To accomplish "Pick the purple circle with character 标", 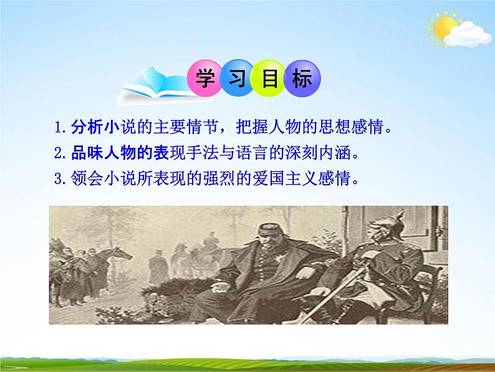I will point(302,79).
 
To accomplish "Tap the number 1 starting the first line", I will point(58,129).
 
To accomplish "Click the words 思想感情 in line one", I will point(359,129).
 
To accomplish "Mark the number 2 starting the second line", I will point(58,154).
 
